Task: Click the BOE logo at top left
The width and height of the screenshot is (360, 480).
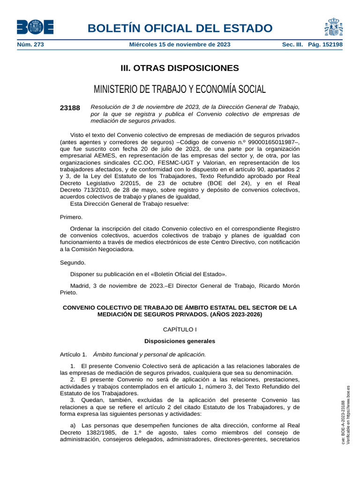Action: (x=35, y=27)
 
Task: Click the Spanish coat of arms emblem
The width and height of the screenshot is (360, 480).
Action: (x=333, y=27)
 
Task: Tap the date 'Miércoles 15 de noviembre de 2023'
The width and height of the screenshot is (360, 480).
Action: (x=180, y=45)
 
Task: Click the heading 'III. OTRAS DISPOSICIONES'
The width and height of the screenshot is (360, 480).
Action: (x=180, y=68)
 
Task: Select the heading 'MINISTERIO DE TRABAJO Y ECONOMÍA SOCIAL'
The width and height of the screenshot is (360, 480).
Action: (x=180, y=89)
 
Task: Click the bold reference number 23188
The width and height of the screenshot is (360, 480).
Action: (x=70, y=108)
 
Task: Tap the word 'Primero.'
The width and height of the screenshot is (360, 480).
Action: (x=71, y=217)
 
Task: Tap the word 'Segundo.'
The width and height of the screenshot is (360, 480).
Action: (x=73, y=262)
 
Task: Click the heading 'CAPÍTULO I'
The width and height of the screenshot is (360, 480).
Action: (x=180, y=330)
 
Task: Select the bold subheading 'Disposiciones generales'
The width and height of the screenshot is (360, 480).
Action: (x=180, y=341)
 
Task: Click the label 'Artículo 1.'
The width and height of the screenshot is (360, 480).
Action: (x=74, y=354)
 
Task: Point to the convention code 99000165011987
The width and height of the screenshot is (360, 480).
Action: (x=273, y=141)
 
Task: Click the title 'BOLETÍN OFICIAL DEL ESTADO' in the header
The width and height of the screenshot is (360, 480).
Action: (x=180, y=28)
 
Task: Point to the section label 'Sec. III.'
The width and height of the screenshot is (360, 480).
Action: (x=292, y=45)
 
